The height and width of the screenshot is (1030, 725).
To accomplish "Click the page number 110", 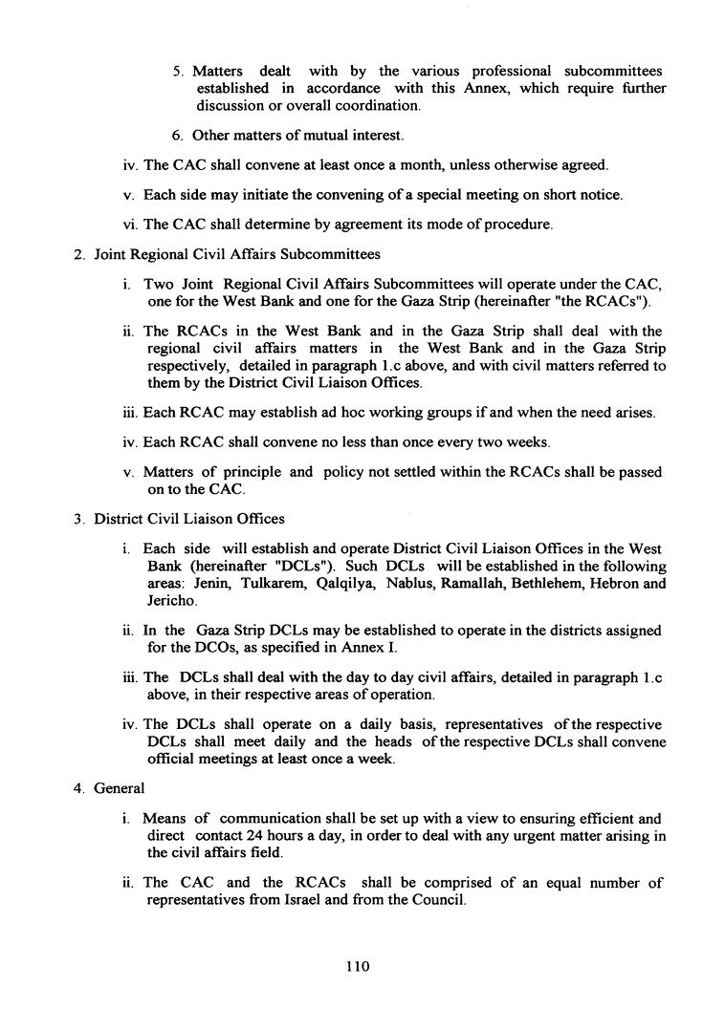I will pos(358,966).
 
